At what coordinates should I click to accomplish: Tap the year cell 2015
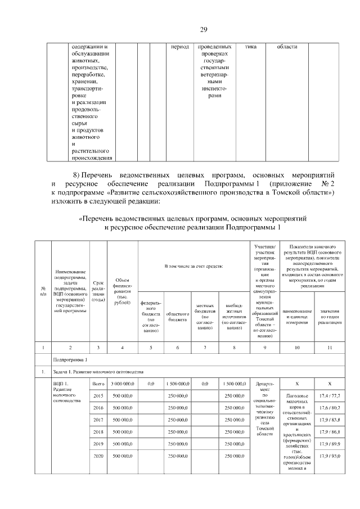point(98,396)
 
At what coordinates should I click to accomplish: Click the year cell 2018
point(98,431)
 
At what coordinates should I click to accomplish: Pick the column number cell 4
point(122,346)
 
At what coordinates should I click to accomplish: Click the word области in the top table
point(287,47)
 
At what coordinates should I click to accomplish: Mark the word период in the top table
point(179,47)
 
